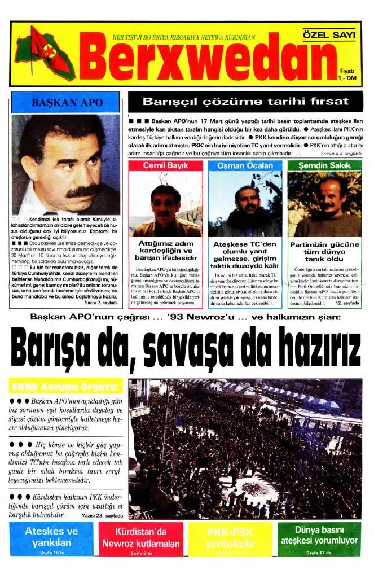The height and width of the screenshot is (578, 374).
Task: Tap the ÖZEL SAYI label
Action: coord(329,35)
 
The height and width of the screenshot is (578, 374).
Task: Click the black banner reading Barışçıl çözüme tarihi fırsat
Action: coord(245,102)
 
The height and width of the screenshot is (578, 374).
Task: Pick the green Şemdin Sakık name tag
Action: coord(324,165)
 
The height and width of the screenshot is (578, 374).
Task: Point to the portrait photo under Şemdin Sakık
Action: coord(324,203)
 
